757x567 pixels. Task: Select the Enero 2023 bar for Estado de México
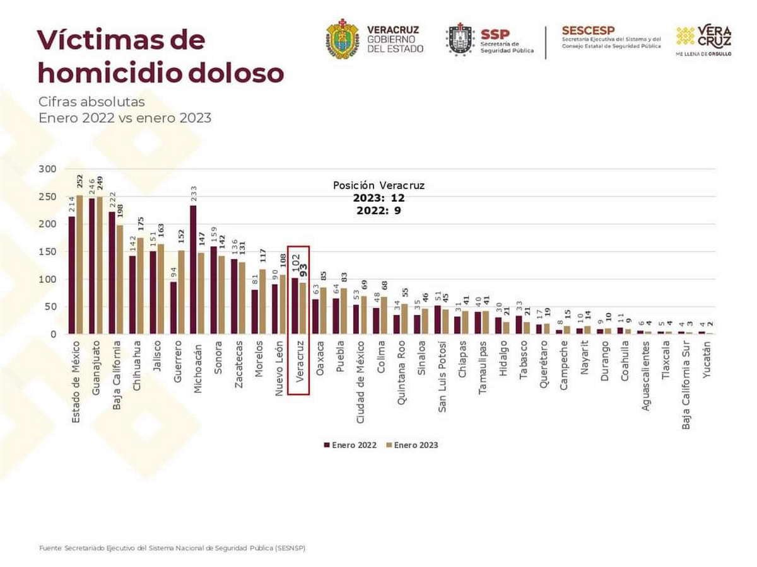point(79,265)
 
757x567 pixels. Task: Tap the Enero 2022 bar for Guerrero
point(173,308)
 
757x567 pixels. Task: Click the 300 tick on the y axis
point(47,169)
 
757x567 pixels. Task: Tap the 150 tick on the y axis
point(47,251)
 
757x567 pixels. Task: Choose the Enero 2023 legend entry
point(411,445)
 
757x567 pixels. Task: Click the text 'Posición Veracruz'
point(378,186)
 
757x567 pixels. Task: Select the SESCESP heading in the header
point(587,30)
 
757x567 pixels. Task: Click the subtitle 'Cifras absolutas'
point(91,101)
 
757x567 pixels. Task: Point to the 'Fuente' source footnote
point(172,548)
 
